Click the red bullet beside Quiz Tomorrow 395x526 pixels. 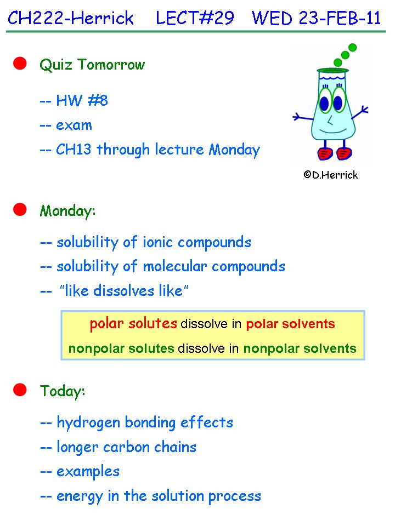coord(20,64)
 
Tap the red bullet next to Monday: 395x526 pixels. coord(20,209)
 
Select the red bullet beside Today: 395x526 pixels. coord(20,390)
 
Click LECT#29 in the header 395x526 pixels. coord(195,18)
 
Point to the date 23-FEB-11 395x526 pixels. coord(340,18)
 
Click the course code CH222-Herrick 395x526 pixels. coord(71,18)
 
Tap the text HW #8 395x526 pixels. coord(82,100)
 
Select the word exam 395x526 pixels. coord(74,125)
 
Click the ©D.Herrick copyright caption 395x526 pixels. coord(330,175)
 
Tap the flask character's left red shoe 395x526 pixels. coord(325,153)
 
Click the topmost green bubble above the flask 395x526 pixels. coord(352,47)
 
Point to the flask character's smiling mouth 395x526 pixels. coord(333,130)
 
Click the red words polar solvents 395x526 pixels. coord(291,324)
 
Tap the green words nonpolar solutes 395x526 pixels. coord(121,348)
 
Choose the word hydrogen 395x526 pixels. coord(88,423)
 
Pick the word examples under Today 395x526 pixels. coord(88,472)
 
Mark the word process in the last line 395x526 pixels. coord(234,496)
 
